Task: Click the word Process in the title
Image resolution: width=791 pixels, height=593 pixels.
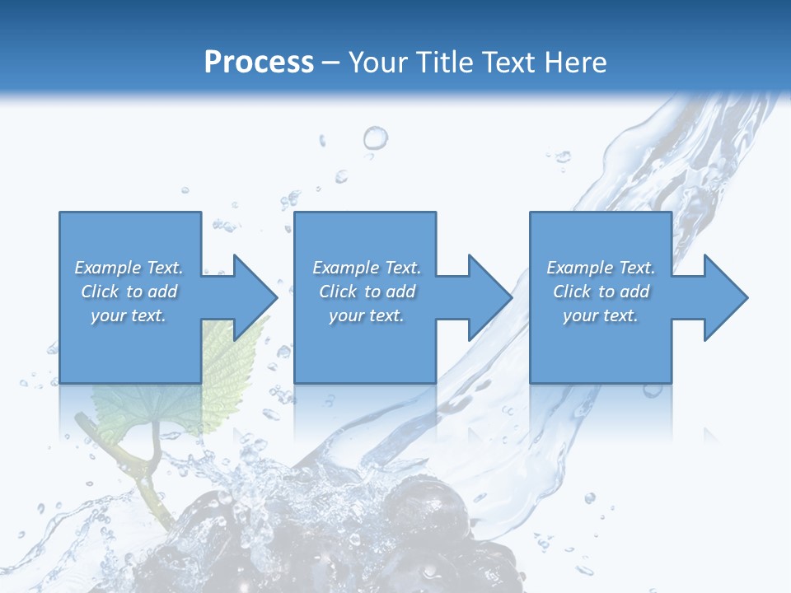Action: click(x=259, y=62)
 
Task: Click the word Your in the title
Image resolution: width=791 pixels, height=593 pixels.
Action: click(x=381, y=62)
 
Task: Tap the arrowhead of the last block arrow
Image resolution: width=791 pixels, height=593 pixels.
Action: click(x=724, y=297)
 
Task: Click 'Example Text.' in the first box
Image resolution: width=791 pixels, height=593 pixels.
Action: click(x=129, y=268)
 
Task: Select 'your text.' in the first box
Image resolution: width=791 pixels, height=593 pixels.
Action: click(x=129, y=315)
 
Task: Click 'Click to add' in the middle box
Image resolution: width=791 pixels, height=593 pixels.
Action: click(x=367, y=292)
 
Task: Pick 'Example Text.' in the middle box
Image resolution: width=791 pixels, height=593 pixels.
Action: click(x=367, y=268)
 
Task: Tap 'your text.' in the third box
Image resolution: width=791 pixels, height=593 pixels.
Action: click(x=601, y=315)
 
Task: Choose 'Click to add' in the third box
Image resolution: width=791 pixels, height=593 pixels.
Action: click(x=601, y=292)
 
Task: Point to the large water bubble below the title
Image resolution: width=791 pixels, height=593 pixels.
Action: click(x=375, y=138)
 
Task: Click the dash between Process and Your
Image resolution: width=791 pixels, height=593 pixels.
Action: click(x=331, y=63)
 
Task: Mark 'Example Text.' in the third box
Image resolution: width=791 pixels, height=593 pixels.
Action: click(x=601, y=268)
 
